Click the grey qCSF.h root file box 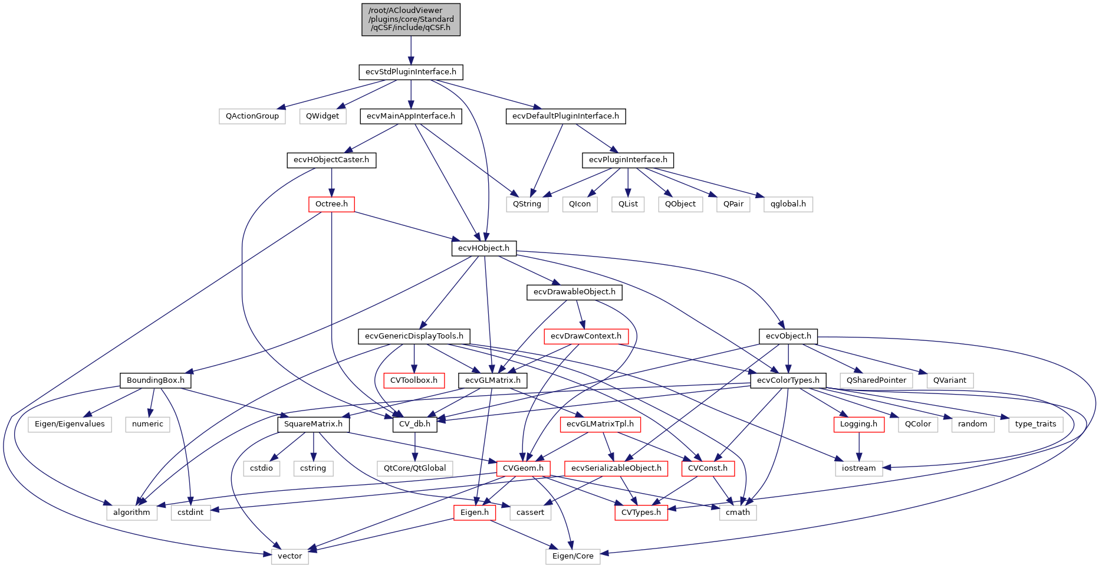pyautogui.click(x=411, y=19)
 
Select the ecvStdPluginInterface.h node pyautogui.click(x=411, y=72)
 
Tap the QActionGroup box pyautogui.click(x=252, y=116)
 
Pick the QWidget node pyautogui.click(x=323, y=116)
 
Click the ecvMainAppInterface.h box pyautogui.click(x=411, y=116)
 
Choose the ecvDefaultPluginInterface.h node pyautogui.click(x=565, y=116)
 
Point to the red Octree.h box pyautogui.click(x=331, y=204)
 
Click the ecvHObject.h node pyautogui.click(x=483, y=248)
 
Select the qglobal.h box pyautogui.click(x=788, y=204)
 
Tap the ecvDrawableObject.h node pyautogui.click(x=574, y=292)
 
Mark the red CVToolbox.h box pyautogui.click(x=414, y=380)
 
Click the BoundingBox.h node pyautogui.click(x=156, y=380)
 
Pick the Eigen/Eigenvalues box pyautogui.click(x=70, y=424)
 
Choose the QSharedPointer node pyautogui.click(x=876, y=380)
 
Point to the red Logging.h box pyautogui.click(x=858, y=424)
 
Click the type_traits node pyautogui.click(x=1035, y=424)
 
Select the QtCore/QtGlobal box pyautogui.click(x=415, y=468)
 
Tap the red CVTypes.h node pyautogui.click(x=641, y=513)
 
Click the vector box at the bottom pyautogui.click(x=289, y=556)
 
